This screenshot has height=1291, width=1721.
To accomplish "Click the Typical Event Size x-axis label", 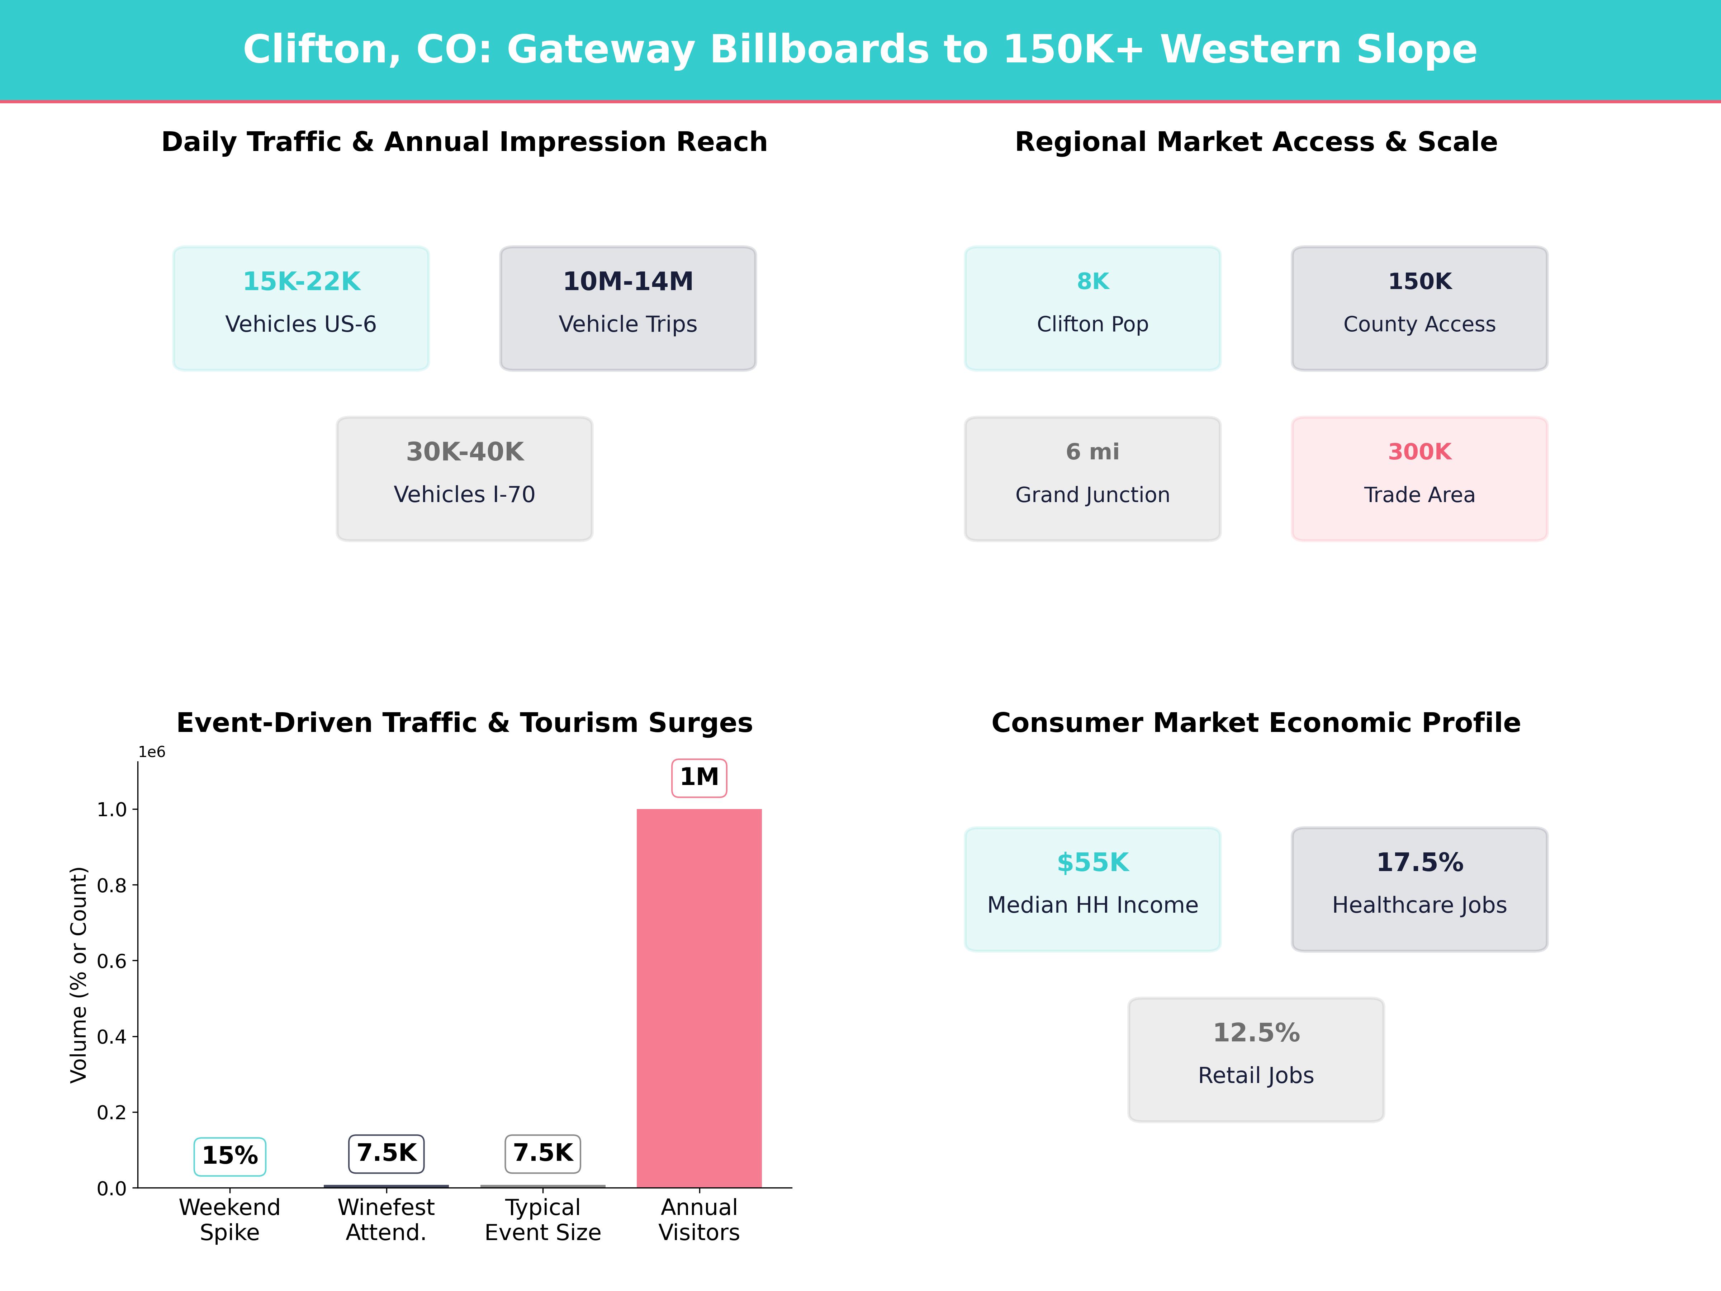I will (542, 1219).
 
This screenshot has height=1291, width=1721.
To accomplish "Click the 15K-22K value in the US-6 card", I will (301, 281).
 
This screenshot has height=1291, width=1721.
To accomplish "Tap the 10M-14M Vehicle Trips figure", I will (628, 281).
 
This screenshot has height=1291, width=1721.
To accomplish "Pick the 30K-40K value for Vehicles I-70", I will (464, 451).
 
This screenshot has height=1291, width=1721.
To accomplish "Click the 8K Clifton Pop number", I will (1092, 281).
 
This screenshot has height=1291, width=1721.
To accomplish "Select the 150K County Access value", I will (1419, 281).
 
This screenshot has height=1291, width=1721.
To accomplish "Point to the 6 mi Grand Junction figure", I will (1092, 451).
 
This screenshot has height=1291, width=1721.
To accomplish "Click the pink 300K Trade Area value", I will (1419, 451).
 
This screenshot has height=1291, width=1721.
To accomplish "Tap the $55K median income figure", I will (1092, 862).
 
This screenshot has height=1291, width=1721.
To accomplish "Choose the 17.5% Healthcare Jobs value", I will (1419, 862).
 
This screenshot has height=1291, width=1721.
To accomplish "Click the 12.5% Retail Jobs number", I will (1256, 1033).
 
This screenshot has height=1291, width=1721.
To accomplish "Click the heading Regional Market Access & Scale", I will (1256, 142).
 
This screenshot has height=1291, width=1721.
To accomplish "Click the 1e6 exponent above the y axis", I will (152, 752).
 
